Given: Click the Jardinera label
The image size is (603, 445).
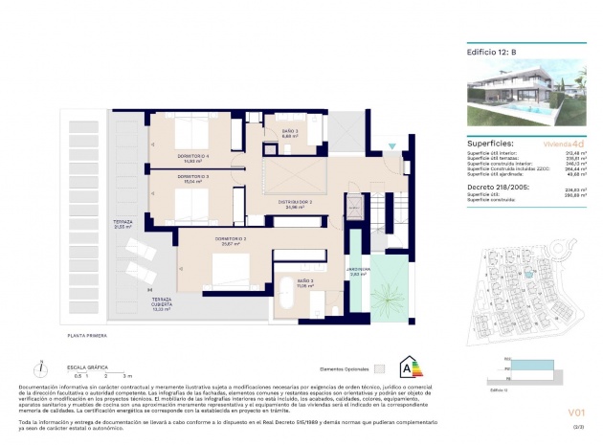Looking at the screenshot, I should coord(358,271).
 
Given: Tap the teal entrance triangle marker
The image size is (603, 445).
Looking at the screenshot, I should coord(389,146).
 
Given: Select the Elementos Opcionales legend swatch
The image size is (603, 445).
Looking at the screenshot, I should coord(379,367).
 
